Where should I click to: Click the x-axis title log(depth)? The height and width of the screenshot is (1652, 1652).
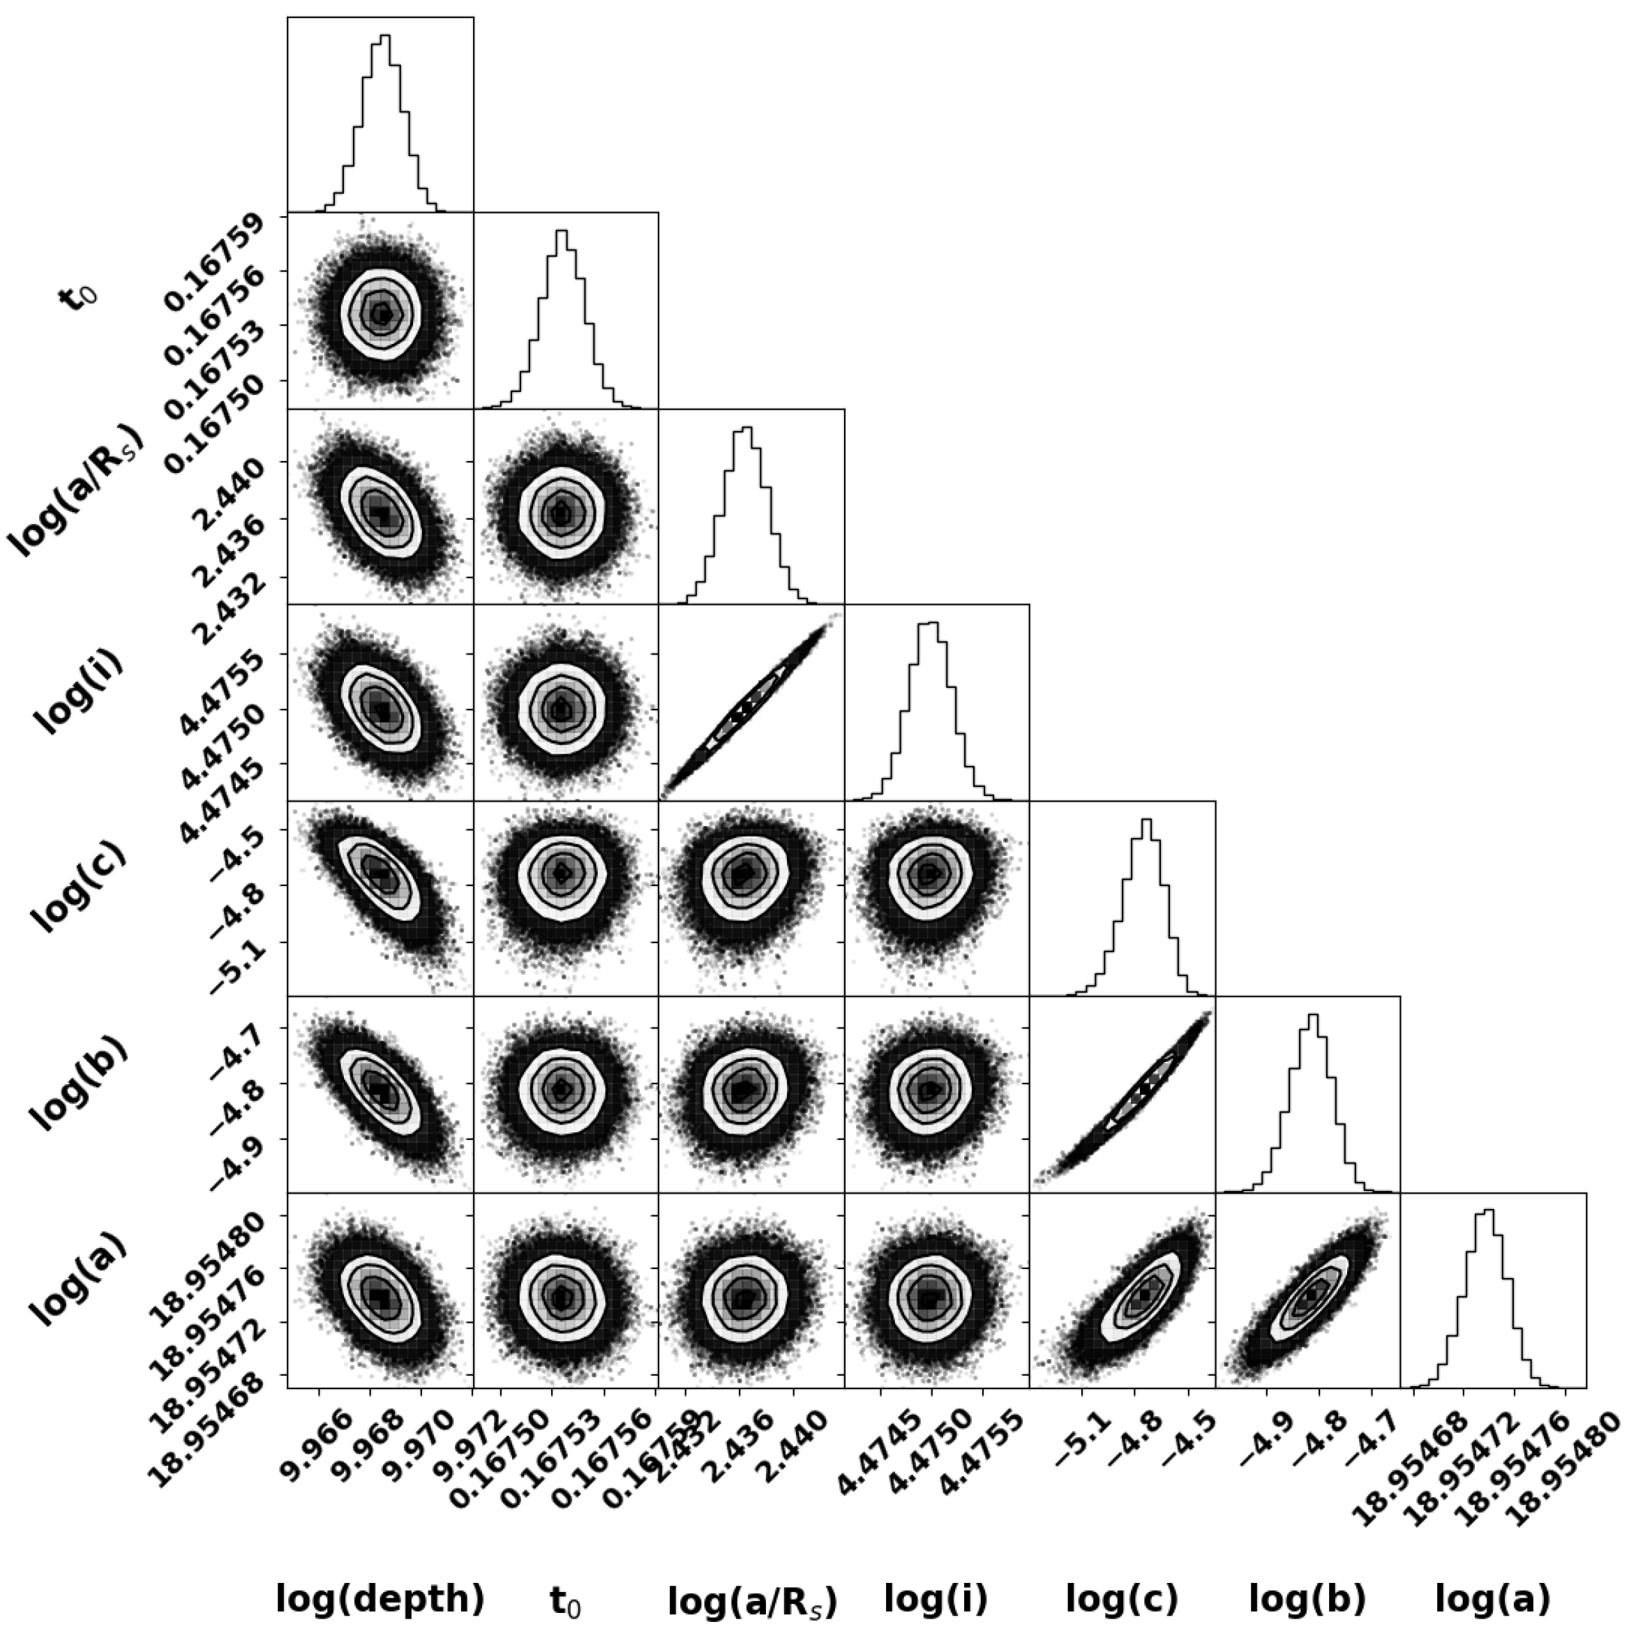pos(380,1598)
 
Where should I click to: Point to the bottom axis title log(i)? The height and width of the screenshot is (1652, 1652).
pos(936,1598)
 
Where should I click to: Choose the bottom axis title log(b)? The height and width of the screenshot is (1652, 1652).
pos(1307,1598)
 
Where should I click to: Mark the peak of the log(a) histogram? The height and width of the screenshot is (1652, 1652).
pos(1489,1209)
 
